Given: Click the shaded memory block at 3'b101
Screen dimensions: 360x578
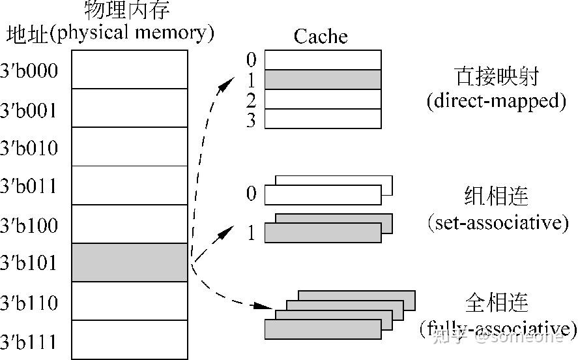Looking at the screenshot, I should tap(130, 263).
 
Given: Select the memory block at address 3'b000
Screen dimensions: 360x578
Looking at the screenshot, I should tap(130, 69).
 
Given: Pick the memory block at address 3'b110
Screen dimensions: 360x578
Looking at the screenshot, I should tap(130, 301).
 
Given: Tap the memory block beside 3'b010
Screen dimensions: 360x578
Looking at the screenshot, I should tap(130, 147).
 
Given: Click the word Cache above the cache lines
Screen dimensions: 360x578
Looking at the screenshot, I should tap(321, 36).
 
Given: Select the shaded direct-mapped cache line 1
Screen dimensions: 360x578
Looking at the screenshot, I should tap(323, 80).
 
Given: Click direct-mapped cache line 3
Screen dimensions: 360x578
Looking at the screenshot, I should tap(323, 119).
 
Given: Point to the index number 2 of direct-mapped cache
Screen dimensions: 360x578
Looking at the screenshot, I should tap(252, 100).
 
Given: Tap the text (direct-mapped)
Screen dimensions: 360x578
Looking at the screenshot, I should tap(496, 101).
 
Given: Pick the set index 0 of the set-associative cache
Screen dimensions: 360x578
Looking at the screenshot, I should tap(252, 194).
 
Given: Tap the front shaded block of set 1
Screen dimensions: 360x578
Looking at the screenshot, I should tap(323, 233).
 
